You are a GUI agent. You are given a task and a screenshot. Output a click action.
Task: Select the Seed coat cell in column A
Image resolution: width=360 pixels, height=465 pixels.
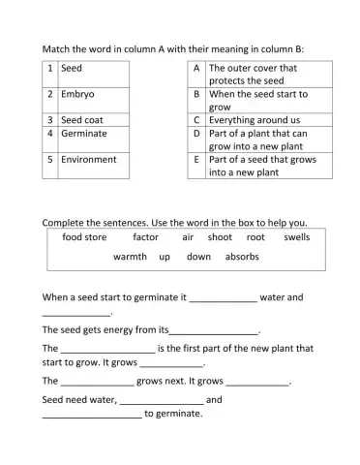click(x=82, y=120)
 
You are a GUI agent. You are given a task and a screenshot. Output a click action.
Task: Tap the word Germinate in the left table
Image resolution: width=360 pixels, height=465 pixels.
click(x=83, y=133)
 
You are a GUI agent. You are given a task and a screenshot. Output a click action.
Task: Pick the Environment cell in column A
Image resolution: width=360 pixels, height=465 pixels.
click(x=88, y=159)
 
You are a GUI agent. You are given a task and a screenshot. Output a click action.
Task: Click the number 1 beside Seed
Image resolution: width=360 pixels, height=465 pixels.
click(x=49, y=69)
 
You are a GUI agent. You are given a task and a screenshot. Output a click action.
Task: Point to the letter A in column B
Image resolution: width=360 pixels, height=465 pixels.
click(x=196, y=69)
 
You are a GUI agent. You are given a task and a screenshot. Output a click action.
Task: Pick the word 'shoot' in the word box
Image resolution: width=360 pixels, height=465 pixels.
click(x=220, y=236)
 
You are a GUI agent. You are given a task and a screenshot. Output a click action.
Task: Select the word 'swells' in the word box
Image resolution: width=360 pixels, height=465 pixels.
click(x=297, y=236)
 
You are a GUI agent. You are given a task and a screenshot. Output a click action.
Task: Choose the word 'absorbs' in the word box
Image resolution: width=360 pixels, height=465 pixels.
click(x=242, y=257)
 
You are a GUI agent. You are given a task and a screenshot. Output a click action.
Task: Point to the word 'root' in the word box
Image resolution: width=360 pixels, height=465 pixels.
click(x=255, y=236)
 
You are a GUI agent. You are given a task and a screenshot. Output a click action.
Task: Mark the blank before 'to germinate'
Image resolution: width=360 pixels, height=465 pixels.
click(x=92, y=417)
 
